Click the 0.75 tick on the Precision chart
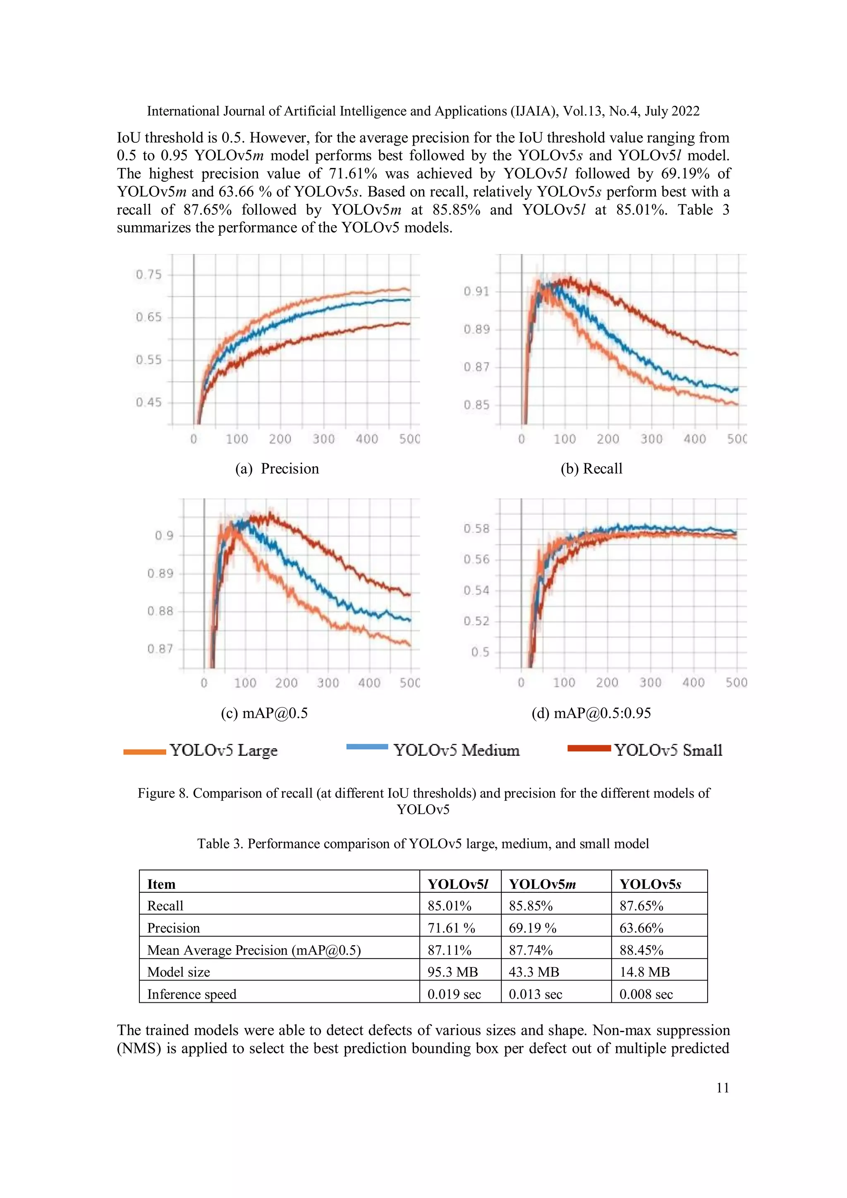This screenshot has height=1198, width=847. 148,274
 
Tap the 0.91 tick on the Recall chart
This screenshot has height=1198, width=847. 476,291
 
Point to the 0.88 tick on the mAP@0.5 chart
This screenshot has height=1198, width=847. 160,611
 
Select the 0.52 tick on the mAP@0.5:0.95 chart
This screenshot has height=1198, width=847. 476,621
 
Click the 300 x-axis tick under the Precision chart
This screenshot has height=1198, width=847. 323,439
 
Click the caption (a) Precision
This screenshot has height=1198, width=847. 277,469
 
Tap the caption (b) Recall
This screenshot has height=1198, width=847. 591,469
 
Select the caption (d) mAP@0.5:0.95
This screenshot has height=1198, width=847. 591,713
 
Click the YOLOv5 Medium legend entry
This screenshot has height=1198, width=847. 456,750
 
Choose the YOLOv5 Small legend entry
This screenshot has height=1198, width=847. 668,750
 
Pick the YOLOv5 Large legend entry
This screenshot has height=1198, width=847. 223,750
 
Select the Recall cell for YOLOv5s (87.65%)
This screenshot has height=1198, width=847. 641,906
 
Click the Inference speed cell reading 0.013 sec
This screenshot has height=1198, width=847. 535,994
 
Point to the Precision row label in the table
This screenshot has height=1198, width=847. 173,928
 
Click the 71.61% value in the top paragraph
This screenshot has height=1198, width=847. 352,173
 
